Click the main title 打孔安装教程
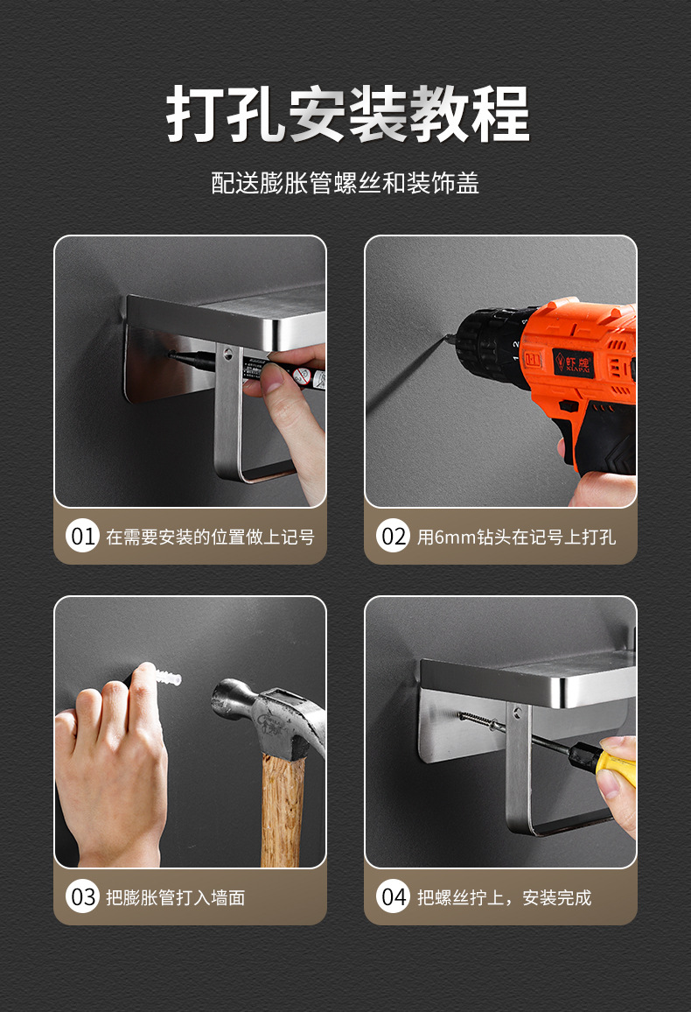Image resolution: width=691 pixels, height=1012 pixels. (x=347, y=114)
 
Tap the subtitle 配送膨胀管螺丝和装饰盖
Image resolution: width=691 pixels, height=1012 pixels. (x=345, y=183)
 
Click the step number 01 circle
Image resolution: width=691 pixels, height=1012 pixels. (x=82, y=537)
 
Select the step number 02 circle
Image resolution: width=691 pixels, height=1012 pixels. (x=394, y=537)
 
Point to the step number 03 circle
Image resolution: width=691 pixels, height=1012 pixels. (x=82, y=896)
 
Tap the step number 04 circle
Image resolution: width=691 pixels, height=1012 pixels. (x=394, y=896)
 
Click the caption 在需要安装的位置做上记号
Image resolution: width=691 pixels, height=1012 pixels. (x=210, y=537)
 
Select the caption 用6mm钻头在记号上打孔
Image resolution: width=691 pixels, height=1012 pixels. (x=516, y=537)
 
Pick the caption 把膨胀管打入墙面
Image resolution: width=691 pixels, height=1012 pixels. (x=175, y=897)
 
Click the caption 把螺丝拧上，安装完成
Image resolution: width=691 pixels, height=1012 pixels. (x=504, y=897)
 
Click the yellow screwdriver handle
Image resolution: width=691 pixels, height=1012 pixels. (x=616, y=767)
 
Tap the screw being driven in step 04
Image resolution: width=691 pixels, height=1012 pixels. (x=481, y=722)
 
